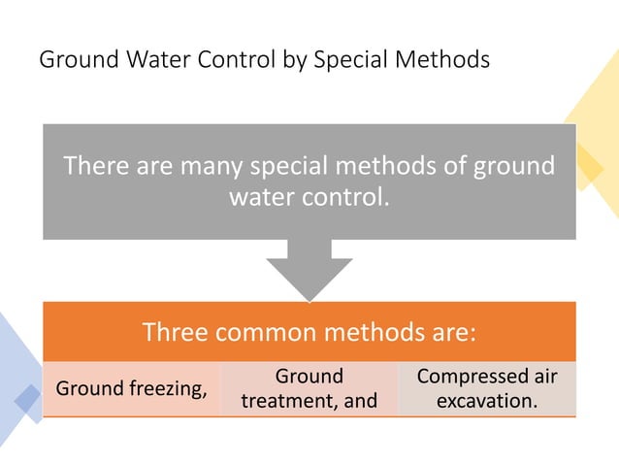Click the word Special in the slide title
[349, 60]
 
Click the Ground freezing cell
[132, 389]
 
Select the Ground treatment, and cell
[309, 389]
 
